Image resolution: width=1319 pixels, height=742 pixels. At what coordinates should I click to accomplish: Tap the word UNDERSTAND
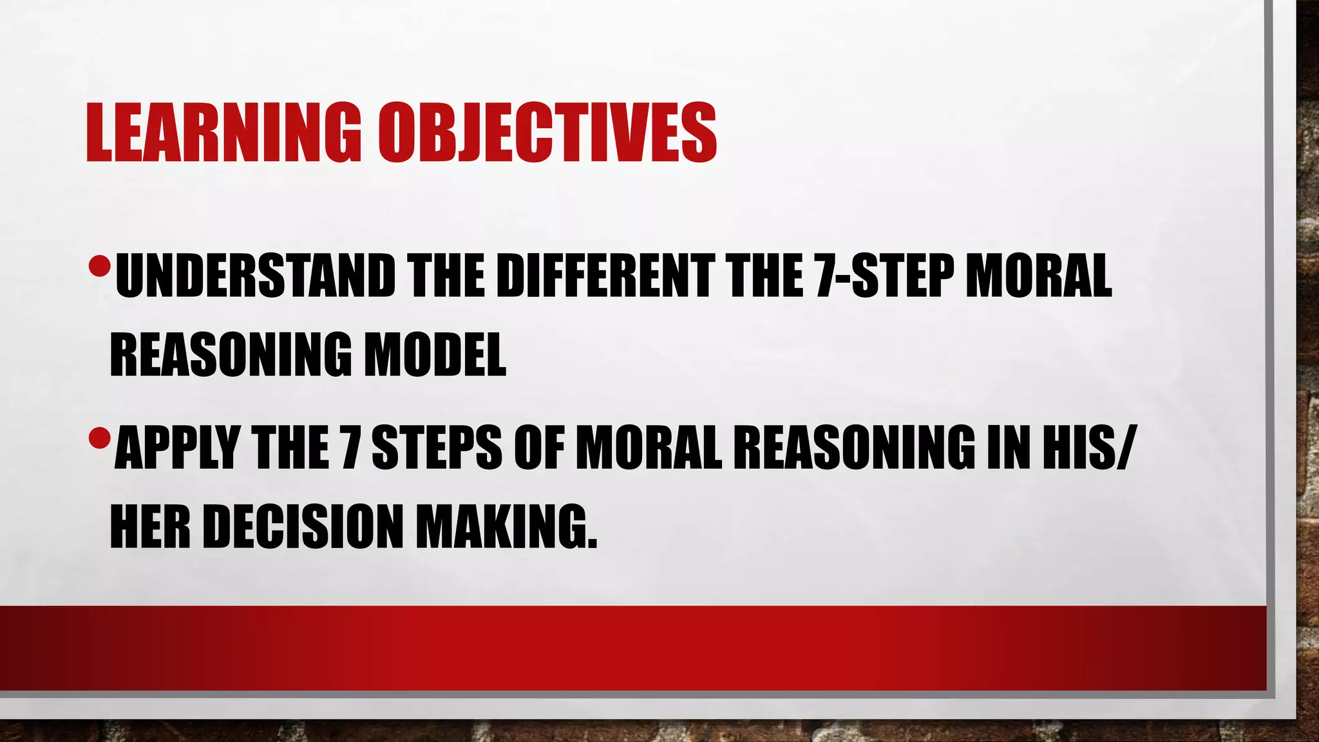255,276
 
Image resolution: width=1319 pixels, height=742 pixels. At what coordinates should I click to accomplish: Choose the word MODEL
435,354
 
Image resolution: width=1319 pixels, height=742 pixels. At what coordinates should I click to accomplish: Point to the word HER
150,526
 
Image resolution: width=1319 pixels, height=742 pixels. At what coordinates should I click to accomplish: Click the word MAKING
506,526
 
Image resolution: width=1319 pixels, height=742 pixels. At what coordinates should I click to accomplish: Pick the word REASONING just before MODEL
231,354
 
